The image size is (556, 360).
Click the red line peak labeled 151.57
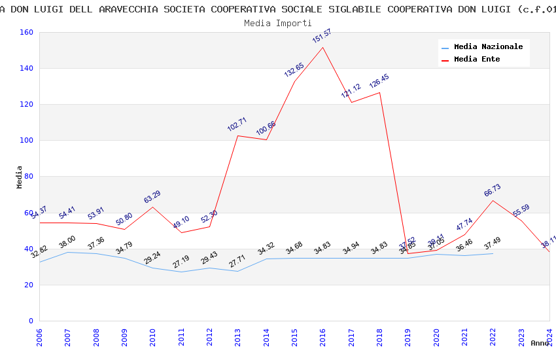[322, 48]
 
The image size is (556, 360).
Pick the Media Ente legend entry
[477, 60]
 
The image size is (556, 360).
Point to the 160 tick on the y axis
[26, 33]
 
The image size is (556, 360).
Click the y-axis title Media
[20, 177]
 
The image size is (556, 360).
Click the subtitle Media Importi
[278, 23]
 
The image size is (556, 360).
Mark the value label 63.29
[152, 196]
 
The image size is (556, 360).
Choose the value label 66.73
[493, 190]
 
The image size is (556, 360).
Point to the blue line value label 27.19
[181, 261]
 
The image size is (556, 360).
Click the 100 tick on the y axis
[26, 141]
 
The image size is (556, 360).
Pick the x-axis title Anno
[540, 343]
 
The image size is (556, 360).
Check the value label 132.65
[294, 70]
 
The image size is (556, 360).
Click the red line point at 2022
[493, 200]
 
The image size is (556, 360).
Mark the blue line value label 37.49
[493, 243]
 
